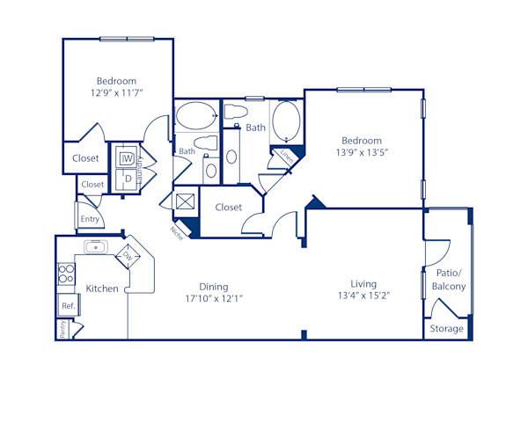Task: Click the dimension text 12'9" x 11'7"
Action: coord(116,91)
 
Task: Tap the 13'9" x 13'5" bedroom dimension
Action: coord(362,152)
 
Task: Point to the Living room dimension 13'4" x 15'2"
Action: coord(363,296)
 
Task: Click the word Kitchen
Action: coord(102,288)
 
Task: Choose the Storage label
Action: coord(446,329)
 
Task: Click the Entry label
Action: coord(89,219)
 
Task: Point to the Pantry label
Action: coord(62,329)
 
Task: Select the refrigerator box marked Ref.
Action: coord(67,306)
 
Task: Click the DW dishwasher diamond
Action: coord(128,257)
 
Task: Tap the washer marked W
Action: coord(127,158)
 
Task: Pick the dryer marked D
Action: coord(127,179)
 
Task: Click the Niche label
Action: coord(176,231)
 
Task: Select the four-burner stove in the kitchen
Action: coord(65,274)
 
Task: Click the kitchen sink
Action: coord(95,246)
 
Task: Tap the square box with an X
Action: coord(186,202)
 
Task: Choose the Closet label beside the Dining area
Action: coord(228,208)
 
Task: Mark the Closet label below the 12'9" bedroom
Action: coord(85,158)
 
